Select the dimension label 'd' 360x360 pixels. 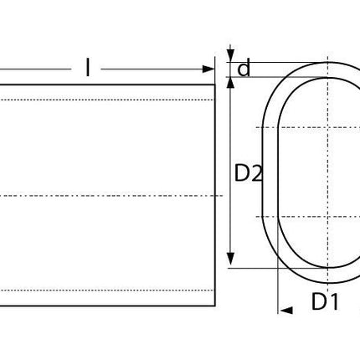pos(244,69)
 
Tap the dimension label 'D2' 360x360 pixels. pos(249,173)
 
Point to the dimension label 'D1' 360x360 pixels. pos(325,302)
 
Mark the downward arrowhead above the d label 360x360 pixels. pos(231,55)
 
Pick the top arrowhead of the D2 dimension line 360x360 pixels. pos(231,80)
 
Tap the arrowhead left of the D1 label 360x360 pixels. pos(285,311)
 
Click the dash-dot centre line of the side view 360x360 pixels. pos(109,196)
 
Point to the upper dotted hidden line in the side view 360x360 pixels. pos(109,100)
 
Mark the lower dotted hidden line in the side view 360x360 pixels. pos(109,291)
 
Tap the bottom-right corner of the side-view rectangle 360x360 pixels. pos(215,306)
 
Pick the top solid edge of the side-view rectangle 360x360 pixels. pos(109,85)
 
